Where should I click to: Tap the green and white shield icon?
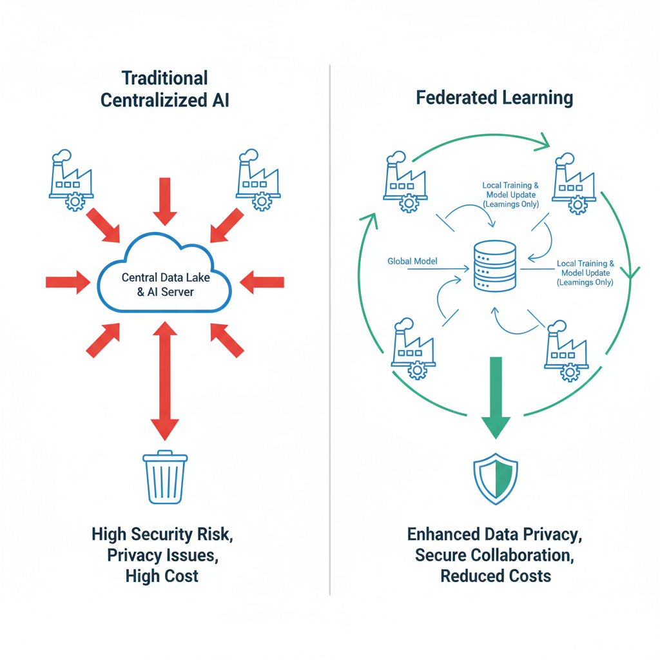(x=495, y=478)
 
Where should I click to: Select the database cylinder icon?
(x=494, y=265)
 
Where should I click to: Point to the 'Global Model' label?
(x=412, y=261)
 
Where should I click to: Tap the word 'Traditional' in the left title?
(x=165, y=79)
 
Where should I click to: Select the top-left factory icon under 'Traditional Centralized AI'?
(x=72, y=180)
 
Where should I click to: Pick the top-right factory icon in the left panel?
(x=257, y=180)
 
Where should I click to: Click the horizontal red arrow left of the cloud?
(x=68, y=281)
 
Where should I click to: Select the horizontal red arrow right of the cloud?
(x=262, y=281)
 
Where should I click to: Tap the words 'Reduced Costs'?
(x=496, y=576)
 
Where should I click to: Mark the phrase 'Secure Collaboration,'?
(x=496, y=554)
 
